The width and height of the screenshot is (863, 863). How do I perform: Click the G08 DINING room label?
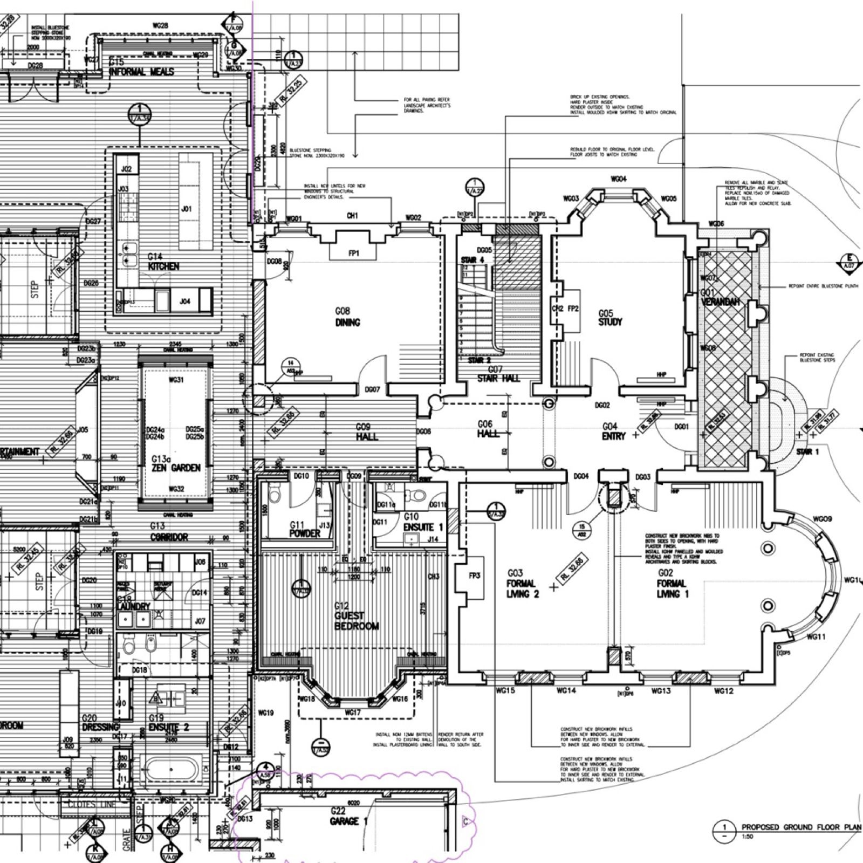point(347,318)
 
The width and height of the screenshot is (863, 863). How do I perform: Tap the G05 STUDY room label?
point(609,318)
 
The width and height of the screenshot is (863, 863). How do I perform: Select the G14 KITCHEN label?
point(163,262)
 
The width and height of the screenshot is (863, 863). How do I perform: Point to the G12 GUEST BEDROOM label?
point(356,616)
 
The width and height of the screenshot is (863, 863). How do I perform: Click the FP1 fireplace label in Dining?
point(353,253)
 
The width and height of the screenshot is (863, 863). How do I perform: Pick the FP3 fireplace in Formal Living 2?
point(474,576)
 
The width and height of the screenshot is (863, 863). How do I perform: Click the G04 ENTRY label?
point(613,431)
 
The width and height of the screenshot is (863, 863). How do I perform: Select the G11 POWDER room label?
point(304,529)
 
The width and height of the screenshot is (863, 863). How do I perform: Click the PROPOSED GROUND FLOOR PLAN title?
point(798,827)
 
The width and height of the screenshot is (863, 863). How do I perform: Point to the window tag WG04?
point(618,179)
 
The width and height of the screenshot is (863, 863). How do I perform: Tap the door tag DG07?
point(372,389)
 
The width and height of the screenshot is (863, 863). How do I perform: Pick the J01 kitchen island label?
point(186,208)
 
